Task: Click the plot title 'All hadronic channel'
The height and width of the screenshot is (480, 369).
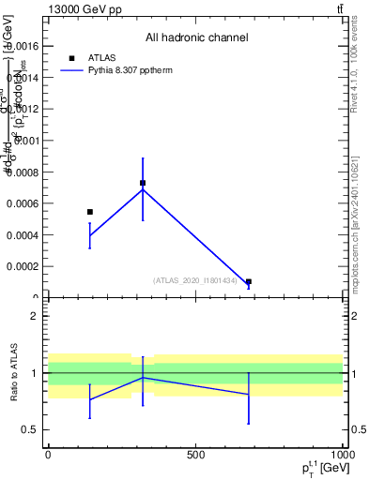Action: click(x=196, y=37)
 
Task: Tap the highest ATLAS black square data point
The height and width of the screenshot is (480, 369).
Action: click(x=143, y=183)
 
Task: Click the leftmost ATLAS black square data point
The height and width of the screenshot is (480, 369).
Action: click(x=90, y=212)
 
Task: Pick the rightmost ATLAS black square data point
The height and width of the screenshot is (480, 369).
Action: click(x=249, y=281)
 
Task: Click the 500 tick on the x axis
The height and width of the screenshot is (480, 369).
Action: click(x=195, y=456)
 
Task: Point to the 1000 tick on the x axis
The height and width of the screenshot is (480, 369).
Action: click(x=341, y=456)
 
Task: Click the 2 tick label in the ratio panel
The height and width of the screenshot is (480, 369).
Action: click(x=34, y=316)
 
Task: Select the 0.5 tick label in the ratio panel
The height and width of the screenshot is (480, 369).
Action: click(x=30, y=430)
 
